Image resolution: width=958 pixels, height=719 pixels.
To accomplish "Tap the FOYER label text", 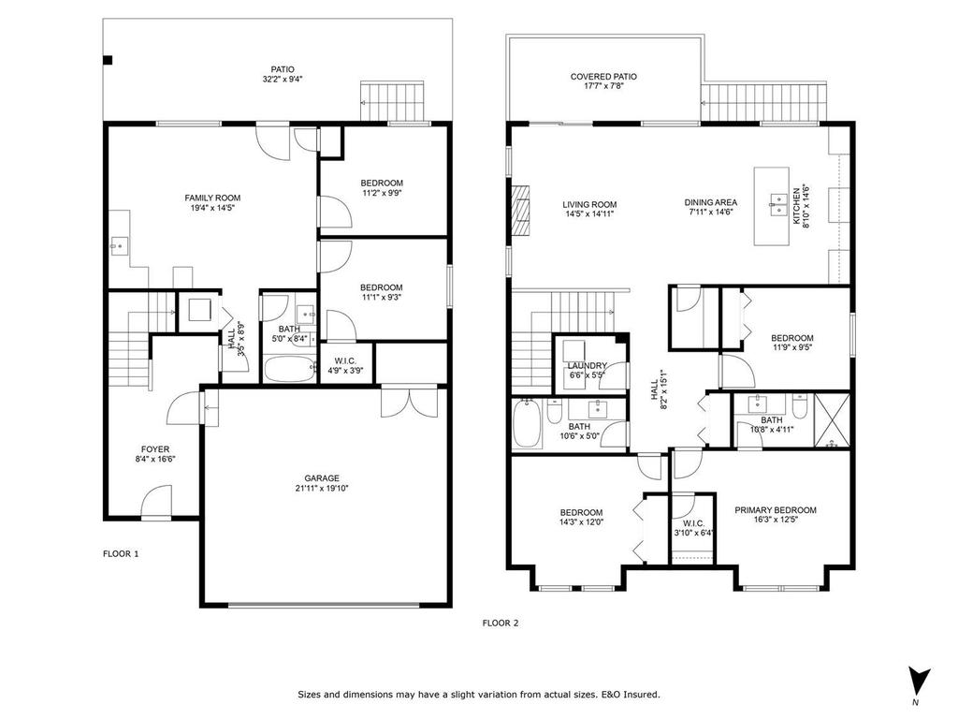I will [155, 449].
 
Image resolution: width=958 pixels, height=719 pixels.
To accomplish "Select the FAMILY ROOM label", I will [212, 198].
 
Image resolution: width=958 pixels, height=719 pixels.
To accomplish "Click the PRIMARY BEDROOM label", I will [775, 510].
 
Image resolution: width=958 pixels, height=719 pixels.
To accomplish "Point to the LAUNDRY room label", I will [587, 366].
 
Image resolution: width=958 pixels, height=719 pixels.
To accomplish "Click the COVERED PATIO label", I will [603, 77].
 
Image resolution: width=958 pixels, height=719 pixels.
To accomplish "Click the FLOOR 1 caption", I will [121, 553].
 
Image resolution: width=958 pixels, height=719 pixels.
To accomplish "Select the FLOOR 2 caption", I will [500, 622].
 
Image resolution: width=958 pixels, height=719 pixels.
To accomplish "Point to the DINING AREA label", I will [711, 202].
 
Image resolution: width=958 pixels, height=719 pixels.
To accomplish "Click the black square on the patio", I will [108, 61].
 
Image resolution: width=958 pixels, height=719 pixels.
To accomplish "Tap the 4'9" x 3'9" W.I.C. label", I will [346, 371].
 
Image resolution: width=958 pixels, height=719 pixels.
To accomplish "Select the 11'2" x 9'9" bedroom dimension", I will [382, 194].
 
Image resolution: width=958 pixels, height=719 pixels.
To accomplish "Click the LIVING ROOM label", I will [589, 205].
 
